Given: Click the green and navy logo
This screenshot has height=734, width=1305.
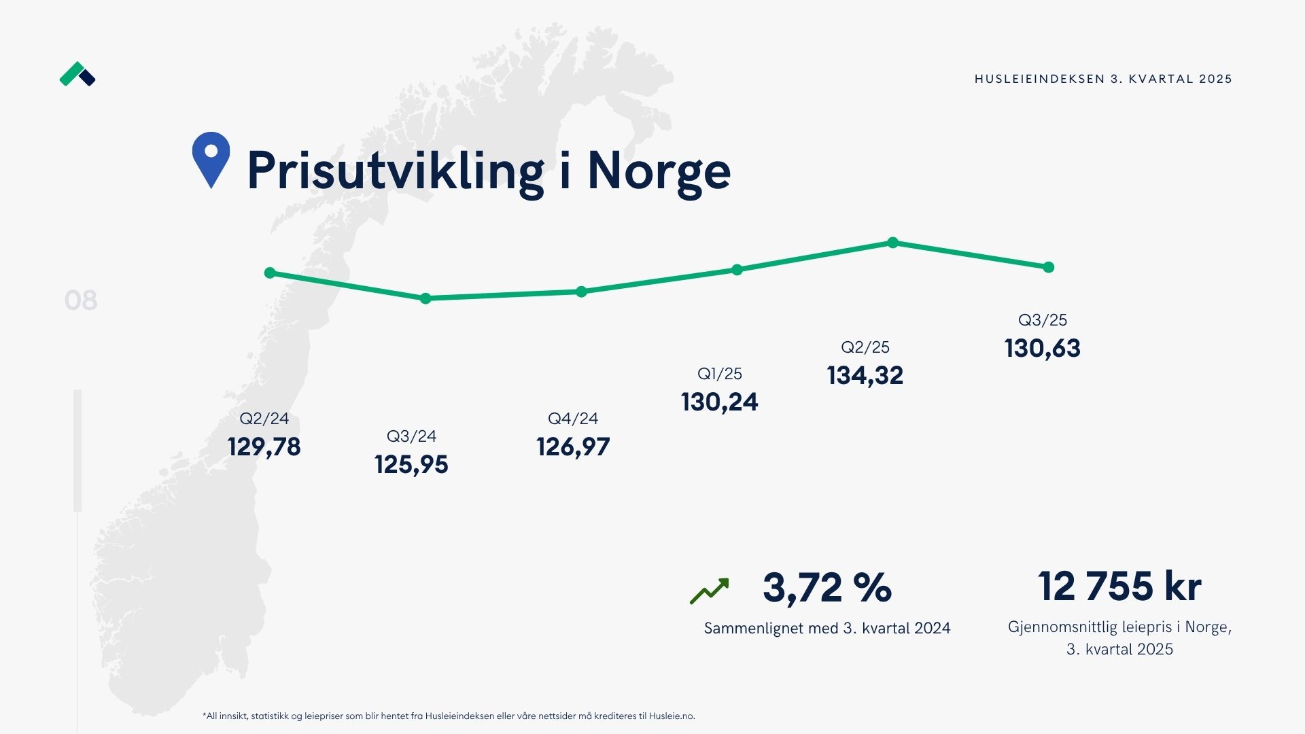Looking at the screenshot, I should tap(77, 74).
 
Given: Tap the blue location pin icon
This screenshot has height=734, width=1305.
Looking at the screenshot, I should tap(211, 159).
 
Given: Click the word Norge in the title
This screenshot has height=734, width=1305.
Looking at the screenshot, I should tap(659, 171).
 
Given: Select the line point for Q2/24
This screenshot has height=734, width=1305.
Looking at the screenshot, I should tap(270, 273).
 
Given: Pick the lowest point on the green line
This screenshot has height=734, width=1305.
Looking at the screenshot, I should tap(425, 298).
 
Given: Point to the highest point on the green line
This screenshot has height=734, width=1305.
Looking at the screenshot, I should tap(893, 243).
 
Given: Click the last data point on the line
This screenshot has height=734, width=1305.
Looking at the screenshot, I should tap(1049, 268).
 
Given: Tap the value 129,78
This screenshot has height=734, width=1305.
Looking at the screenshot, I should tap(264, 447).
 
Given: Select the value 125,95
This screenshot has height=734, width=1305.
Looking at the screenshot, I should tap(411, 465).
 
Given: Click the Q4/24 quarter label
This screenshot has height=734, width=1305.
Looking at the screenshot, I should tap(573, 419).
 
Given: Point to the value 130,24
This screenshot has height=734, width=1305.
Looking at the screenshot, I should tap(719, 402).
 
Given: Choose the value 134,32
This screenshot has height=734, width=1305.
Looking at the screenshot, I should tap(865, 376).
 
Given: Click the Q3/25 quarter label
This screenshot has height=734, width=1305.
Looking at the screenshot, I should tap(1043, 320).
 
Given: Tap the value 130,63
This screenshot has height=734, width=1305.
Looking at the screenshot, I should tap(1043, 349).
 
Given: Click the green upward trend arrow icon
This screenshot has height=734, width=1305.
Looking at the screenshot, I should tap(709, 591).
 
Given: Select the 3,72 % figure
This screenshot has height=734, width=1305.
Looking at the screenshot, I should tap(826, 588).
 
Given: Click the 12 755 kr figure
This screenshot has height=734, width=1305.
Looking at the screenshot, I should tap(1119, 587).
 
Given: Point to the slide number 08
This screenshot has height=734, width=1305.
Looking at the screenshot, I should tap(81, 300).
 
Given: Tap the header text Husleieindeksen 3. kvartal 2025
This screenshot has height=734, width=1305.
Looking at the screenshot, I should tap(1103, 79).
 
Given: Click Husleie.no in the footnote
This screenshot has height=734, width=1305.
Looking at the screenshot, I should tap(672, 716).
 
